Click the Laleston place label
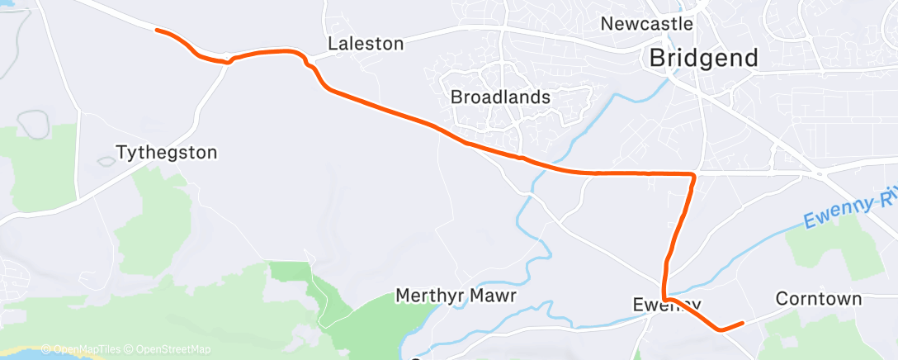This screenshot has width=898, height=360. tap(366, 43)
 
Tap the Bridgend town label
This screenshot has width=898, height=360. tap(703, 59)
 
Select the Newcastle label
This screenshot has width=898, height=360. tap(646, 23)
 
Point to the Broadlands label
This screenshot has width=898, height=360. tap(500, 97)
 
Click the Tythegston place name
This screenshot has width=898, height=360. tap(167, 152)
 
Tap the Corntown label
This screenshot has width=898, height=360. tap(819, 298)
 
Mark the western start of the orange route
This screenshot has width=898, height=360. tap(157, 31)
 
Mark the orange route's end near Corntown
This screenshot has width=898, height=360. tap(743, 323)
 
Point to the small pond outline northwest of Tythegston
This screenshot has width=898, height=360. tap(34, 124)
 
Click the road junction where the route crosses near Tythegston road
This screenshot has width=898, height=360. tap(228, 60)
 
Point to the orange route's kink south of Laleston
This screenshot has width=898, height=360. tap(308, 63)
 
